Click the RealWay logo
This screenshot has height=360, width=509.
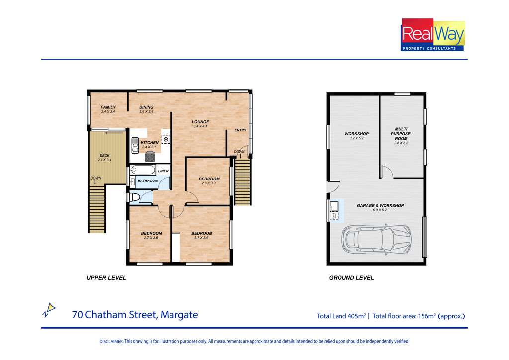(433, 35)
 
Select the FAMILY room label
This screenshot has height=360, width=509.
(108, 107)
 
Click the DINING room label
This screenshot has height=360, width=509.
(146, 107)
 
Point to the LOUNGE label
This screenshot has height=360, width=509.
(200, 122)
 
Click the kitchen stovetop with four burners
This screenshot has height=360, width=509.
(150, 157)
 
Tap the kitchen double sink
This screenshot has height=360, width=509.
(135, 145)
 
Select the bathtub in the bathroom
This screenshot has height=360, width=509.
(143, 170)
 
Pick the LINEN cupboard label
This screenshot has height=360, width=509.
(163, 171)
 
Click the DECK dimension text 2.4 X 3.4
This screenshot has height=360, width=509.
(104, 160)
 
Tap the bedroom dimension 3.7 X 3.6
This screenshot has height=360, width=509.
(201, 238)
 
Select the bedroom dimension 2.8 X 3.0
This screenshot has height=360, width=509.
(208, 183)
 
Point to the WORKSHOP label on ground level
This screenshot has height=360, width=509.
(357, 133)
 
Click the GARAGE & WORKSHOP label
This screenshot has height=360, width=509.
(380, 205)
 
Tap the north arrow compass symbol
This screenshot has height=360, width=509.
(49, 310)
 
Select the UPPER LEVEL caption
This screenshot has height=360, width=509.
(106, 278)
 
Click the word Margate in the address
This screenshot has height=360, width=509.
(179, 315)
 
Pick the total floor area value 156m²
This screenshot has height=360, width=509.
(426, 316)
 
